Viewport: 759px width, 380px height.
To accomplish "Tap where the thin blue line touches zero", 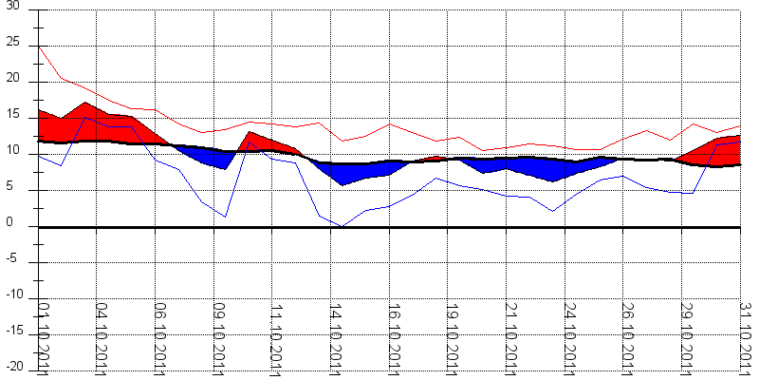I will [x=342, y=226].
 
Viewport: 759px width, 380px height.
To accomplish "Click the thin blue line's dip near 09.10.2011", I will [x=225, y=217].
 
